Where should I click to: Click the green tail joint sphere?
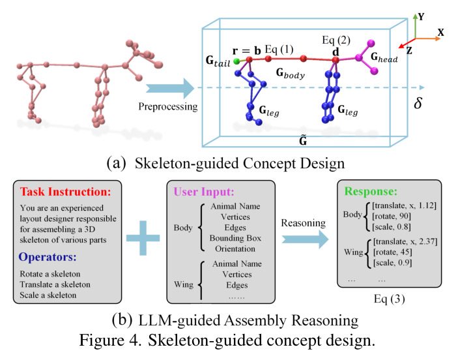237,61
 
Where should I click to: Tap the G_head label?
384,57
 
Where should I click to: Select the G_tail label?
218,61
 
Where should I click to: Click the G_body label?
291,73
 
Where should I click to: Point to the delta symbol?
418,102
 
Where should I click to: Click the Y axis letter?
421,17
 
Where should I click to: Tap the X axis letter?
440,32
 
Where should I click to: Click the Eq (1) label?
279,50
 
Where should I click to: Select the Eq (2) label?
336,40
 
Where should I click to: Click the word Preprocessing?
168,107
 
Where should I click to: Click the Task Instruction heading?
66,192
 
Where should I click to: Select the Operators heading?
48,257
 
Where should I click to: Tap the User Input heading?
204,192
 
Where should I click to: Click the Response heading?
371,191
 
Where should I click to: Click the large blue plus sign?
143,238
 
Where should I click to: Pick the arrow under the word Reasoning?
305,239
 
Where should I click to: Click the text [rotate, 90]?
392,217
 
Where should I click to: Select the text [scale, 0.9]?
393,263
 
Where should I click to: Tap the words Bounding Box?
235,238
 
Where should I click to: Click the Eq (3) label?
390,299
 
